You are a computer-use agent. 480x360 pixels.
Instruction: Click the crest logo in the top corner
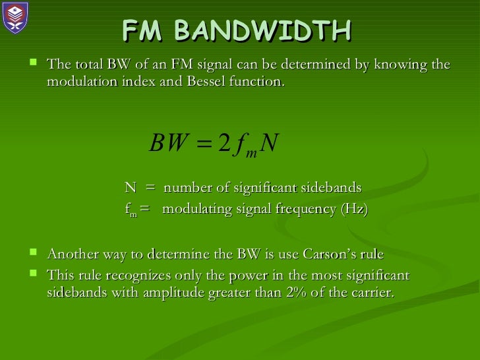tap(15, 18)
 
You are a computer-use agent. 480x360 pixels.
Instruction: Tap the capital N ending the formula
tap(269, 142)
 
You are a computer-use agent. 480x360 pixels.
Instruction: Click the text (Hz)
tap(354, 210)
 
